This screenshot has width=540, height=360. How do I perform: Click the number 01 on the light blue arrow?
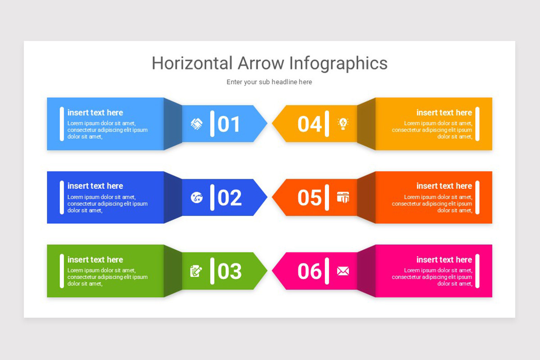[229, 124]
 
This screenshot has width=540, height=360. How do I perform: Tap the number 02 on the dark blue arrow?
[229, 198]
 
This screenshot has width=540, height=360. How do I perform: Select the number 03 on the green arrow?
[229, 271]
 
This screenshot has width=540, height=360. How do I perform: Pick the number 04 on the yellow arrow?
[310, 124]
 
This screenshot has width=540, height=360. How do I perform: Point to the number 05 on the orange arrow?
[310, 198]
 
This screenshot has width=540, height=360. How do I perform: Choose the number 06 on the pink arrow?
[310, 271]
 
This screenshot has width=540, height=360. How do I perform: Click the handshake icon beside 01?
[197, 124]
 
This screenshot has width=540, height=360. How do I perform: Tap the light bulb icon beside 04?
[343, 124]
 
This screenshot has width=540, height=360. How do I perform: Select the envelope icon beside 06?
[343, 271]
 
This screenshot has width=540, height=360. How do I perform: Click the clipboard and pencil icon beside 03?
[196, 271]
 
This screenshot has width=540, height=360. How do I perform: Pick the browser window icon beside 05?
[343, 197]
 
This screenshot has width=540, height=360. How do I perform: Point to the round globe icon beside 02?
[197, 197]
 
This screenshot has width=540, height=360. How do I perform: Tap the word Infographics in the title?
[338, 63]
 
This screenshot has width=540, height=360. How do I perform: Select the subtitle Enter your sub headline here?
[269, 82]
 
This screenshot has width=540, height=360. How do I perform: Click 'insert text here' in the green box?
[95, 260]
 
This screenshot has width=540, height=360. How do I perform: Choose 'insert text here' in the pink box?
[444, 260]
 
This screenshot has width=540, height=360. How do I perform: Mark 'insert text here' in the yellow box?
[444, 112]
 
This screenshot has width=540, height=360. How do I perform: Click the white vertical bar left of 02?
[212, 198]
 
